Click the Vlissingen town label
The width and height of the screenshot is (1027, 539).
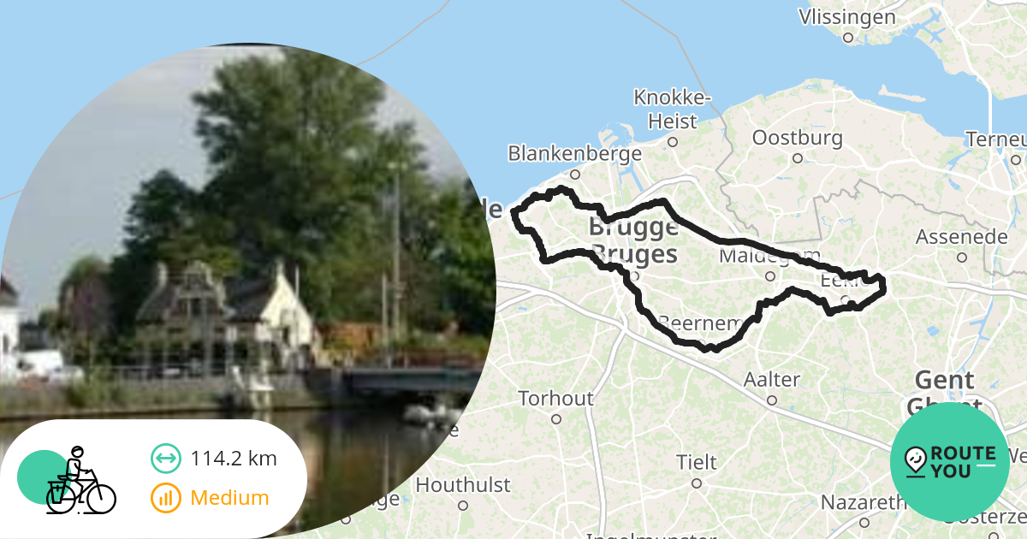point(846,17)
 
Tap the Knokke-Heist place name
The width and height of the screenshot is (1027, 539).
point(672,109)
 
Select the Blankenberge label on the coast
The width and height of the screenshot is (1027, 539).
point(574,154)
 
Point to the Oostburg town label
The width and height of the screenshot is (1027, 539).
point(797,138)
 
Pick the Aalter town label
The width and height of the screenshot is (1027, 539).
point(772,379)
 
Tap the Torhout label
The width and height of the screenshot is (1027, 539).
point(555,399)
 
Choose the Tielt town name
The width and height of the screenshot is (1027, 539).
point(697,462)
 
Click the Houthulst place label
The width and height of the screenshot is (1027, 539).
point(463,485)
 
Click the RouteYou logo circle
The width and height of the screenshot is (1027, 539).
point(950,461)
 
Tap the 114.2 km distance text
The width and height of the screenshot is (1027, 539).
point(234,459)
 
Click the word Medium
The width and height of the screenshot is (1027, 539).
point(229,498)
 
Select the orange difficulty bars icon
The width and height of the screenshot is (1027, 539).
point(166,498)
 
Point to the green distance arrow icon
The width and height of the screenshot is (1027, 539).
point(166,459)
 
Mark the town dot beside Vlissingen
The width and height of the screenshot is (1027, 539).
point(848,38)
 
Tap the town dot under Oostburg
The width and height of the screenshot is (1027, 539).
point(797,158)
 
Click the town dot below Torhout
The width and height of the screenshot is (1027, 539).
point(556,419)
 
